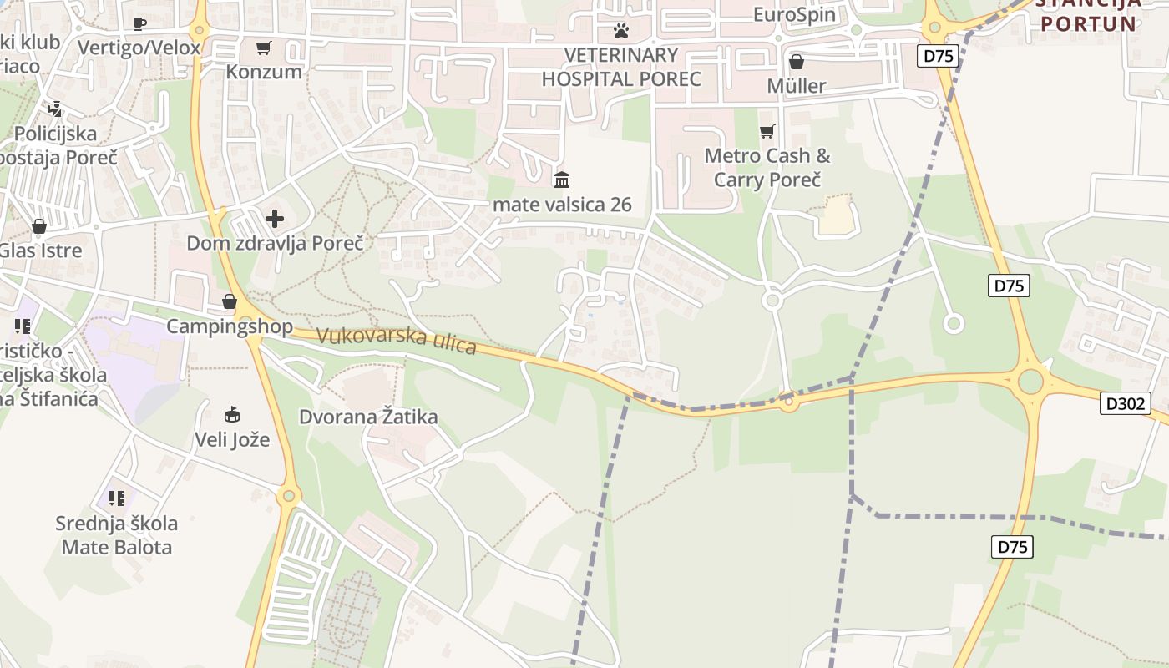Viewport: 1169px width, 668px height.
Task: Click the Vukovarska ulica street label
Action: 397,341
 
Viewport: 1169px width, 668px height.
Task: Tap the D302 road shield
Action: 1126,404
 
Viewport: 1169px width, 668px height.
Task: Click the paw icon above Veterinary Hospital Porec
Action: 621,31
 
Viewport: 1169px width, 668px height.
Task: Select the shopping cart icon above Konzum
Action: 264,48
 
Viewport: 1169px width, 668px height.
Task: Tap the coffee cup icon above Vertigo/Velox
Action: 139,23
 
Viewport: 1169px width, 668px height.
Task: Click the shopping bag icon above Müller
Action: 797,62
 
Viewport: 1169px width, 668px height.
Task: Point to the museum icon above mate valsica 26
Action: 562,180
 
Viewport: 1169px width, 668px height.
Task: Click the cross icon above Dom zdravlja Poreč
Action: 275,219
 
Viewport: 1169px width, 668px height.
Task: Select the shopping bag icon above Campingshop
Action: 230,301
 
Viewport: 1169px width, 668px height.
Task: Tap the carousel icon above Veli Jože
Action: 232,414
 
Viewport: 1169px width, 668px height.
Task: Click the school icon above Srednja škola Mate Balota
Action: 117,498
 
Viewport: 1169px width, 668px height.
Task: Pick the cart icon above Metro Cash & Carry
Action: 767,131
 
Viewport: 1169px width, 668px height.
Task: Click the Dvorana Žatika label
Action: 368,417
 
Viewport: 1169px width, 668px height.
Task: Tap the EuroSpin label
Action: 793,14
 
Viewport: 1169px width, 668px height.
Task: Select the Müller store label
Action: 797,86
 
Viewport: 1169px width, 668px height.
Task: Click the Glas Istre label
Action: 41,250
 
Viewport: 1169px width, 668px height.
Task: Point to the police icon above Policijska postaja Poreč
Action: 55,109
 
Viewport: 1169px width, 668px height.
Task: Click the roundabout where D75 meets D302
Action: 1031,382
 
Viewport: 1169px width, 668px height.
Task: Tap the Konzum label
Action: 264,72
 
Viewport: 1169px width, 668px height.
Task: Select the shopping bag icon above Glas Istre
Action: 39,226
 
